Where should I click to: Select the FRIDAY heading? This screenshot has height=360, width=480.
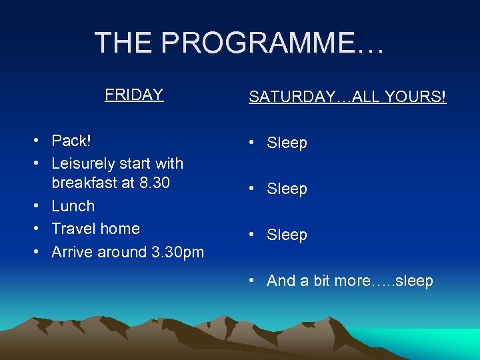pyautogui.click(x=134, y=95)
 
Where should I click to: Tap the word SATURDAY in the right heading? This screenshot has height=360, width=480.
pyautogui.click(x=290, y=97)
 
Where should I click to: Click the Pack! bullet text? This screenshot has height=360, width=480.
pyautogui.click(x=71, y=141)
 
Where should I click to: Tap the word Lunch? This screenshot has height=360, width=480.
pyautogui.click(x=73, y=206)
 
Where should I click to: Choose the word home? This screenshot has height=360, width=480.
pyautogui.click(x=118, y=229)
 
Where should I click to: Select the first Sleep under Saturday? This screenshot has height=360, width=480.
pyautogui.click(x=287, y=143)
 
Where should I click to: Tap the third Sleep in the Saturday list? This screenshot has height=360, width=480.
pyautogui.click(x=287, y=235)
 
